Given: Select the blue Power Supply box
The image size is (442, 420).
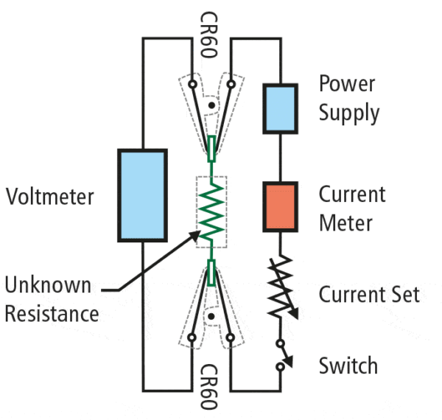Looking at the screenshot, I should click(280, 109).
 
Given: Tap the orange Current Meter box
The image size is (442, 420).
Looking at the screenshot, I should click(280, 207).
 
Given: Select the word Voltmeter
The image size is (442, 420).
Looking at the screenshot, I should click(49, 197).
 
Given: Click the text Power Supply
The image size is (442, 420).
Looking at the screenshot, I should click(349, 98).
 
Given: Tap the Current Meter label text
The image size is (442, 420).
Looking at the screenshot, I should click(352, 209).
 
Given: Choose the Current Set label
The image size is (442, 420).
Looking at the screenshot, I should click(369, 295).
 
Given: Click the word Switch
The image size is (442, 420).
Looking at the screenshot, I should click(348, 365).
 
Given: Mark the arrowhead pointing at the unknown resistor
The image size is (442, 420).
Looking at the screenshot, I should click(195, 235).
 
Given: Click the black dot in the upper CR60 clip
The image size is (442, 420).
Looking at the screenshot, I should click(212, 104).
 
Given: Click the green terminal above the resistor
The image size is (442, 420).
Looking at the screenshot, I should click(212, 149).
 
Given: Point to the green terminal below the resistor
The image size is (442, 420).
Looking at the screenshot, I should click(212, 273).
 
